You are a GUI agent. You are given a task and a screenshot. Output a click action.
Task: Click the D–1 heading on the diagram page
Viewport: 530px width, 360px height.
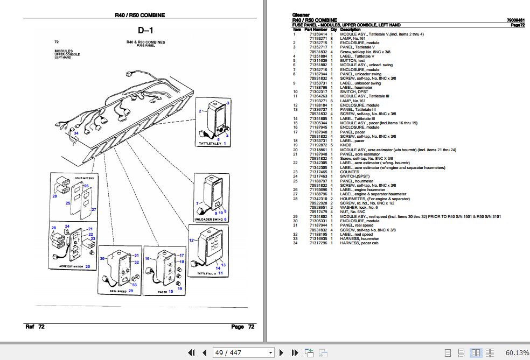pyautogui.click(x=145, y=30)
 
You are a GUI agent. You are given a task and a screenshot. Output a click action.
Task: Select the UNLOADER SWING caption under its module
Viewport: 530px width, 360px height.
pyautogui.click(x=208, y=220)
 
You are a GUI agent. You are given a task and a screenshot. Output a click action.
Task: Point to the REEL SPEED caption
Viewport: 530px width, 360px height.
pyautogui.click(x=117, y=291)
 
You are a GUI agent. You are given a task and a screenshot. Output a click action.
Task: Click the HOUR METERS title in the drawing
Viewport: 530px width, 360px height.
pyautogui.click(x=73, y=177)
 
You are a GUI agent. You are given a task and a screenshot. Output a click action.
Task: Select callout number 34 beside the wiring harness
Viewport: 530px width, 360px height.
pyautogui.click(x=76, y=133)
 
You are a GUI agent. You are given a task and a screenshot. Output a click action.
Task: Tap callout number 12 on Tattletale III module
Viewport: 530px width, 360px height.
pyautogui.click(x=191, y=241)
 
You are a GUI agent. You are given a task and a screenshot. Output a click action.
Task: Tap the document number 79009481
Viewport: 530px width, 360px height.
pyautogui.click(x=515, y=20)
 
